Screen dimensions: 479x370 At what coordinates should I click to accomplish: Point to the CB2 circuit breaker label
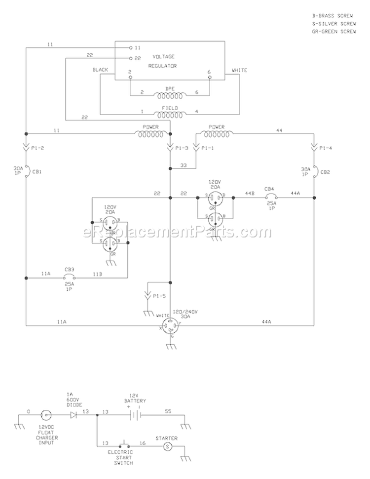(325, 172)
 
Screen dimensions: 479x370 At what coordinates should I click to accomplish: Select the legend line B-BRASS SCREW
(329, 16)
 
